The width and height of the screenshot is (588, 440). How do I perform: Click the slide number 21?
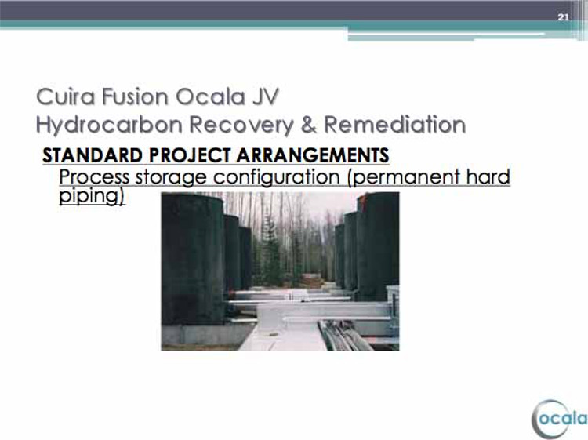pos(563,17)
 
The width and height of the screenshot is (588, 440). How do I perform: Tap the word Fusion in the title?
pos(135,96)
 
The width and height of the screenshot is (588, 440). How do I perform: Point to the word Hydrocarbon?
pos(109,125)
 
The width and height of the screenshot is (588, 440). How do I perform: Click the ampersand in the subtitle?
pos(308,125)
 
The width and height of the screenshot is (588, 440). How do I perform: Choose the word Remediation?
pos(395,125)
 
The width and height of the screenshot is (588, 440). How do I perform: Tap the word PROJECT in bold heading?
pos(190,155)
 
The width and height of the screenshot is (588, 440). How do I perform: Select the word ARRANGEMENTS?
pos(313,155)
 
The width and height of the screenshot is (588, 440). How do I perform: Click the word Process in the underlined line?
pos(94,176)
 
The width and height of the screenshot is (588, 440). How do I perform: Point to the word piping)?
pos(92,196)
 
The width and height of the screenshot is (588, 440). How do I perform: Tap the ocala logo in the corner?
pos(559,419)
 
